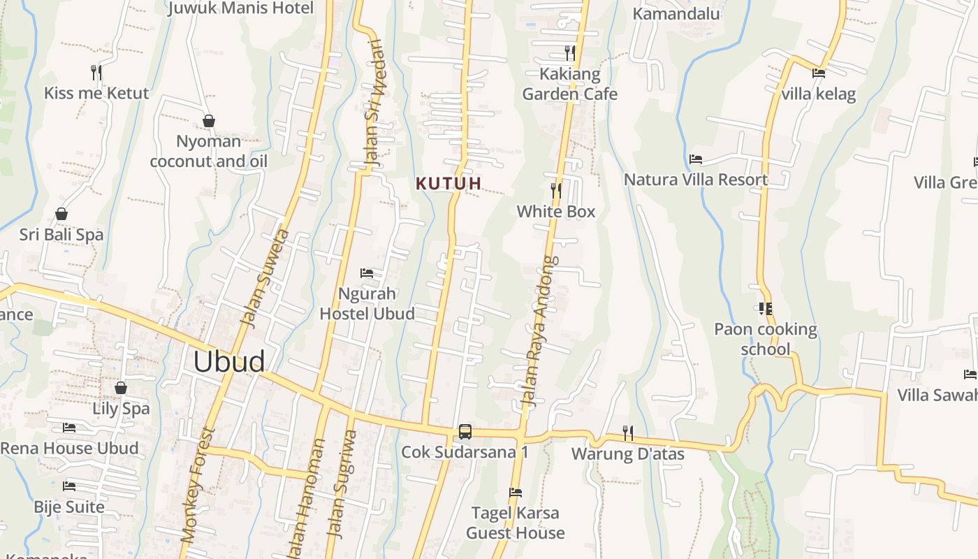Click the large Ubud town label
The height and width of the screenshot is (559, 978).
[229, 362]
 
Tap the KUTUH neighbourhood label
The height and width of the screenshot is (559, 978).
[448, 184]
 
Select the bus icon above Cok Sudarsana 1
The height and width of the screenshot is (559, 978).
[465, 432]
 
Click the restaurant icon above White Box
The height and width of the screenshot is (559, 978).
[556, 190]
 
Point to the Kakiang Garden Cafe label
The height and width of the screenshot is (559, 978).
[570, 84]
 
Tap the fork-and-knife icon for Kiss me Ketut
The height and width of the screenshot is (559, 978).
[96, 71]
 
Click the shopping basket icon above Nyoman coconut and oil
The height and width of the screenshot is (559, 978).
[208, 121]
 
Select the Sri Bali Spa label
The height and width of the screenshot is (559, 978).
[61, 235]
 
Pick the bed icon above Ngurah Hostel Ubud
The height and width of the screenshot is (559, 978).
[367, 273]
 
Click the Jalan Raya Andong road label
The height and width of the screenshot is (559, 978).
[541, 332]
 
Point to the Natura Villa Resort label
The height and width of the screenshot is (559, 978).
[696, 180]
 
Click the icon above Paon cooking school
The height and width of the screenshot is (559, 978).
[765, 308]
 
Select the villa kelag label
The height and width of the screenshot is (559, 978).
[819, 94]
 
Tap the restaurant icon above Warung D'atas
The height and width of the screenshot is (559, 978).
[628, 433]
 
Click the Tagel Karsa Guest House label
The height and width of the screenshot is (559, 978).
[516, 523]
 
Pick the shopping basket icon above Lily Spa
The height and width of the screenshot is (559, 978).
[121, 388]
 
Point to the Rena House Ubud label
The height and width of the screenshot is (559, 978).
[70, 448]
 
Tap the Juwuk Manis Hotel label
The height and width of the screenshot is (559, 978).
[242, 8]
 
